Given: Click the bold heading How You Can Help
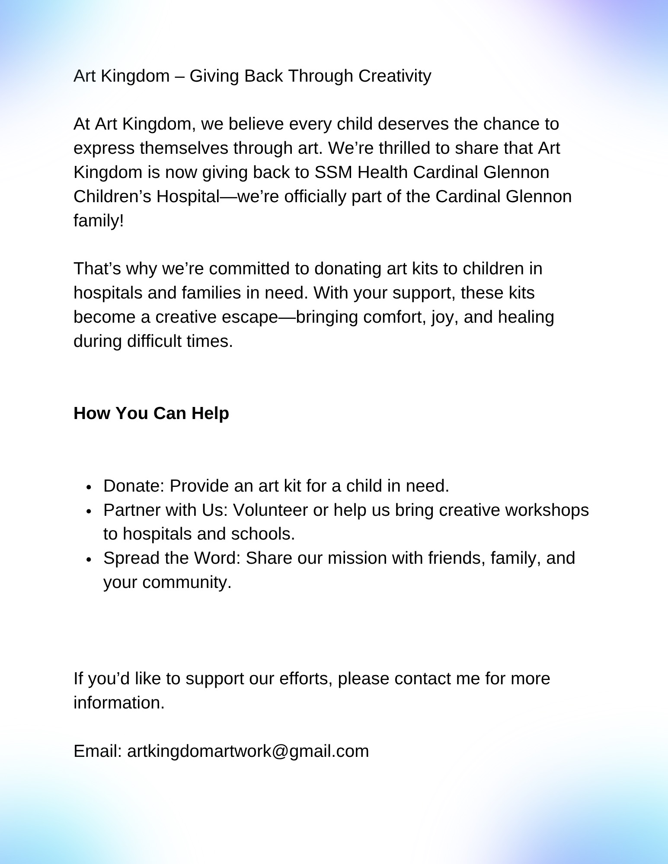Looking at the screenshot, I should pyautogui.click(x=151, y=413).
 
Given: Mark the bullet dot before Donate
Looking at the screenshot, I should pyautogui.click(x=89, y=487).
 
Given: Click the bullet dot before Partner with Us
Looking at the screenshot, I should pyautogui.click(x=89, y=511).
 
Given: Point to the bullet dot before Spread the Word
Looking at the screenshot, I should pyautogui.click(x=89, y=559).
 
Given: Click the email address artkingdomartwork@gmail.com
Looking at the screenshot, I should pyautogui.click(x=248, y=751).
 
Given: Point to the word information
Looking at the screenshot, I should pyautogui.click(x=119, y=703).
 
